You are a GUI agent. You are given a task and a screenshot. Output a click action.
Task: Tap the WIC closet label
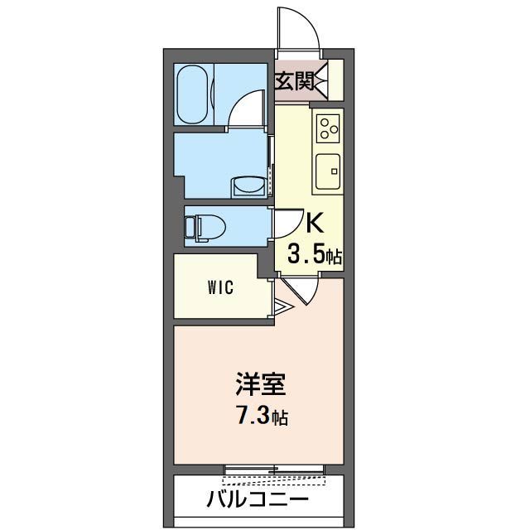click(220, 288)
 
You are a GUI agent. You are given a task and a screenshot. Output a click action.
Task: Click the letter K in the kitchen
click(315, 224)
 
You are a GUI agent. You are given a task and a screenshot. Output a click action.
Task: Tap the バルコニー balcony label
click(258, 499)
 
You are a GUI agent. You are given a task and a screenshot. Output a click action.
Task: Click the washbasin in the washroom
click(247, 186)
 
